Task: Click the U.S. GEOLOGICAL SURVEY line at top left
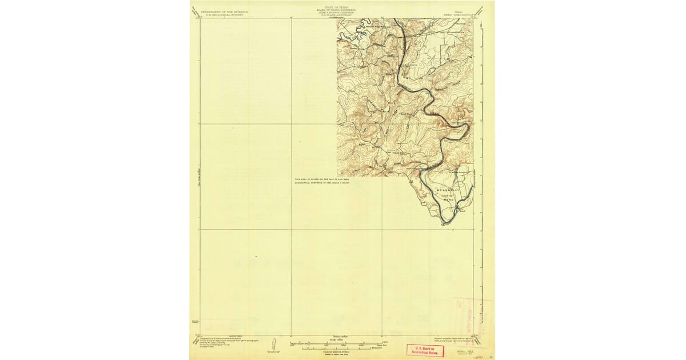click(222, 14)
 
